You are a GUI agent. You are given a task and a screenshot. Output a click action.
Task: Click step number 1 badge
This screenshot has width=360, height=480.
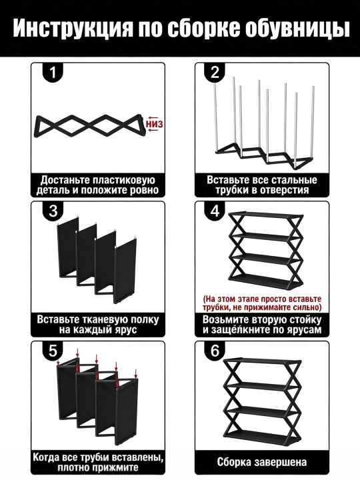coord(53,73)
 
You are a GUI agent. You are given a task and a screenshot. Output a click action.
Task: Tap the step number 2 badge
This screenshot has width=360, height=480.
coord(215,73)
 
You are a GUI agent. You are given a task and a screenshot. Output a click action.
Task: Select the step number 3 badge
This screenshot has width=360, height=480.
coord(53,211)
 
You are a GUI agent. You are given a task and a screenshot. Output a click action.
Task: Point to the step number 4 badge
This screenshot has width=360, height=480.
coord(215,211)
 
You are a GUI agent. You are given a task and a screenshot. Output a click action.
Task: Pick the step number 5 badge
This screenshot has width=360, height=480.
coord(53,351)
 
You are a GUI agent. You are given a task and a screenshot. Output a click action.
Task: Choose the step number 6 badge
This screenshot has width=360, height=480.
coord(215,351)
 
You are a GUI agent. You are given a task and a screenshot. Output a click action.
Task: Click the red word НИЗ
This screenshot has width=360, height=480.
coord(154,124)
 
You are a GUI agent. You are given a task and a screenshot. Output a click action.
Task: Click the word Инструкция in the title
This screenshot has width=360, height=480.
coord(73,29)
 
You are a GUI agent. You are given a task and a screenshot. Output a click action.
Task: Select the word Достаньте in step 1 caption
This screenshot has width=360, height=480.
coord(65,180)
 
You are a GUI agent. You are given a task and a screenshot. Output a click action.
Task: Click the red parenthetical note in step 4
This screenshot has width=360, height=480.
coord(262,303)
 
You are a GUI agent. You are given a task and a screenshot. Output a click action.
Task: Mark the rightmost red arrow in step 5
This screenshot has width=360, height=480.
coord(135,373)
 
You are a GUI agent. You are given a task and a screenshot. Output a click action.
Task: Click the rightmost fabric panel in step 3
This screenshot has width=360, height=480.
coord(125,271)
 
